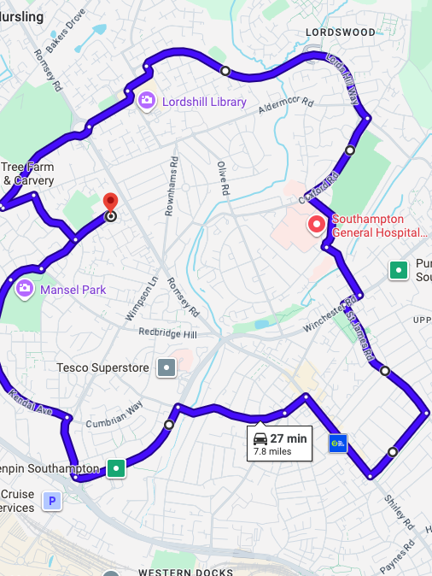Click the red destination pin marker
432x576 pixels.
pyautogui.click(x=110, y=203)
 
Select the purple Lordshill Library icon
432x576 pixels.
pyautogui.click(x=147, y=102)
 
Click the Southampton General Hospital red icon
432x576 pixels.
pyautogui.click(x=317, y=224)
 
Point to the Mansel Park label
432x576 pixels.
pyautogui.click(x=73, y=290)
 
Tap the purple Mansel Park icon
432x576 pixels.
pyautogui.click(x=25, y=290)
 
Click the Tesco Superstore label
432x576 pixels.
pyautogui.click(x=102, y=367)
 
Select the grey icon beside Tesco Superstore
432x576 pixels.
pyautogui.click(x=166, y=368)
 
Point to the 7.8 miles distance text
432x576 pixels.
pyautogui.click(x=272, y=451)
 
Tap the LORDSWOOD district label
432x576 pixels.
pyautogui.click(x=340, y=32)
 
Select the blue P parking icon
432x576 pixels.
pyautogui.click(x=53, y=501)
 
